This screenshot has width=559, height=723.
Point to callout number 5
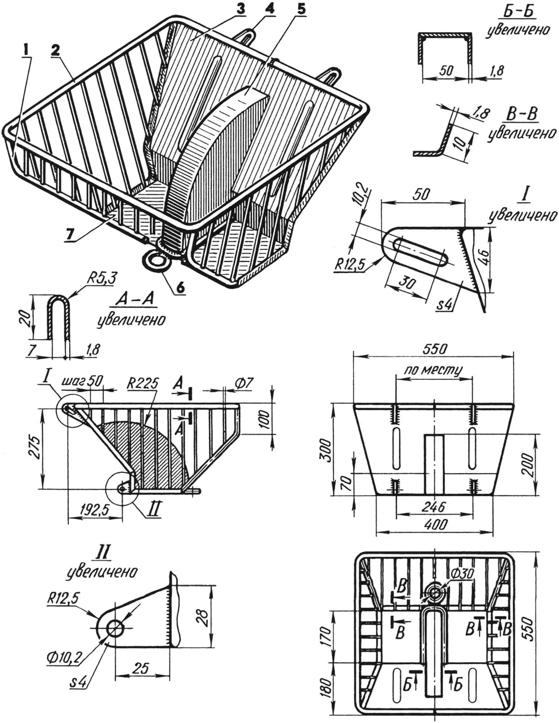point(300,10)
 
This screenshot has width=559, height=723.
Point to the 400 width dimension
point(435,525)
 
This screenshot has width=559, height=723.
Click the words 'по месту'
point(433,370)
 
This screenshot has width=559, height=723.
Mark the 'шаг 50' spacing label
point(82,381)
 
